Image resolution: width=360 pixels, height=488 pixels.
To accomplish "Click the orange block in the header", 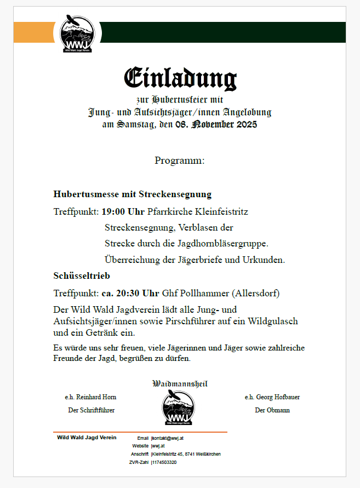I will [33, 32].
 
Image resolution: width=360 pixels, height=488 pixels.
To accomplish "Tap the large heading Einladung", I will [180, 78].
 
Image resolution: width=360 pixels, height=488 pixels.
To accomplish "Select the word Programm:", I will [179, 160].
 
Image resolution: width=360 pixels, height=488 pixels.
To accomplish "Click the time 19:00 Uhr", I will [123, 211].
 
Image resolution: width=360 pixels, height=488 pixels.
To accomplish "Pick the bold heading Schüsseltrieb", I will [82, 276].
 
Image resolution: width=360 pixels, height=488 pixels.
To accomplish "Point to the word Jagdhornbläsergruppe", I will [224, 243].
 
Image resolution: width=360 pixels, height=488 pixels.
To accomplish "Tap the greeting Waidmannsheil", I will [180, 384].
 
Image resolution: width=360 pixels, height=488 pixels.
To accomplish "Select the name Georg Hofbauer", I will [278, 397].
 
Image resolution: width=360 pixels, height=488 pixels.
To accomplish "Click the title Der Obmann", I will [272, 410].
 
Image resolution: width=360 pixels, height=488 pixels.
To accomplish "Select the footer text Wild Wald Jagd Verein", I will [87, 438].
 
